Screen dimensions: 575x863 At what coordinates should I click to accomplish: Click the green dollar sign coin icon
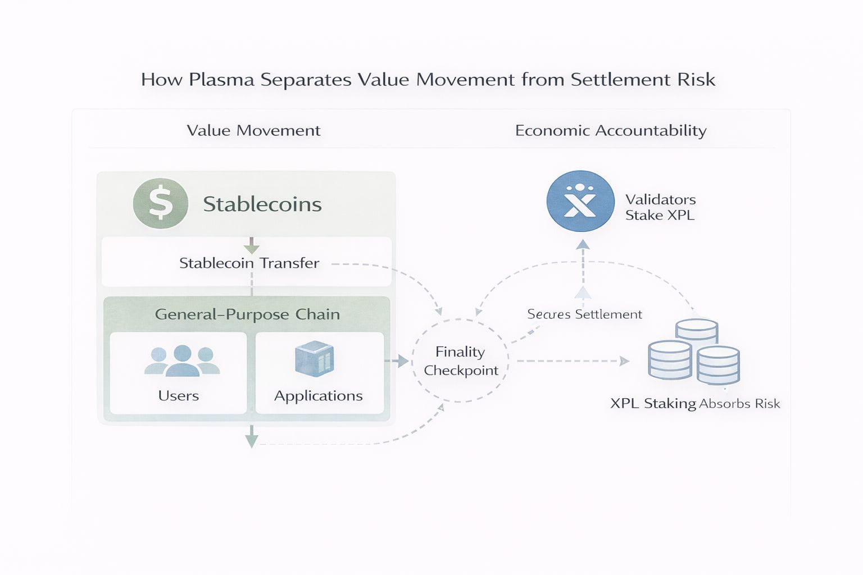(x=161, y=203)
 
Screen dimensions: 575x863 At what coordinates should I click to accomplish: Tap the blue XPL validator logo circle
(x=580, y=201)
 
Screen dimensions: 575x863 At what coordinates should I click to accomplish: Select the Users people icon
(x=181, y=360)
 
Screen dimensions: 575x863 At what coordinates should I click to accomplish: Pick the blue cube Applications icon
(x=315, y=358)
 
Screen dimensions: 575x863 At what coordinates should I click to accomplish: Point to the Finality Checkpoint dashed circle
(x=460, y=360)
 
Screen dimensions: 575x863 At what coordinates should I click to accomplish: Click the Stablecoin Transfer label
(x=249, y=263)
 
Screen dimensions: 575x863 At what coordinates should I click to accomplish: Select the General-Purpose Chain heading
(x=247, y=314)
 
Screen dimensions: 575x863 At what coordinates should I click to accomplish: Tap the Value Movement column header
(x=253, y=130)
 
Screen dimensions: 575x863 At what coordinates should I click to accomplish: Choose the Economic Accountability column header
(x=611, y=130)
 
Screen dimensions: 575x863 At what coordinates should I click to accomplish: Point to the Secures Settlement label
(x=584, y=314)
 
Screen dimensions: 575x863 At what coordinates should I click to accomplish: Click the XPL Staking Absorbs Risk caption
(x=695, y=403)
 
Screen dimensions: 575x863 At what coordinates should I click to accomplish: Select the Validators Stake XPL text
(x=660, y=207)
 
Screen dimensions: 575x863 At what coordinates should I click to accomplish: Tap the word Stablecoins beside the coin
(x=262, y=204)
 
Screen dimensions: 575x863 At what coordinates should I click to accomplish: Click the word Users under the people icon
(x=179, y=396)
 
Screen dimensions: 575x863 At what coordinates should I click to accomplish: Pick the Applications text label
(x=319, y=396)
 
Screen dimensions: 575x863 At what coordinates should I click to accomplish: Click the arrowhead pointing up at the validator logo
(x=583, y=244)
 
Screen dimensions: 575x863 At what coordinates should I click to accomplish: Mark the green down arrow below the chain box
(x=252, y=437)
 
